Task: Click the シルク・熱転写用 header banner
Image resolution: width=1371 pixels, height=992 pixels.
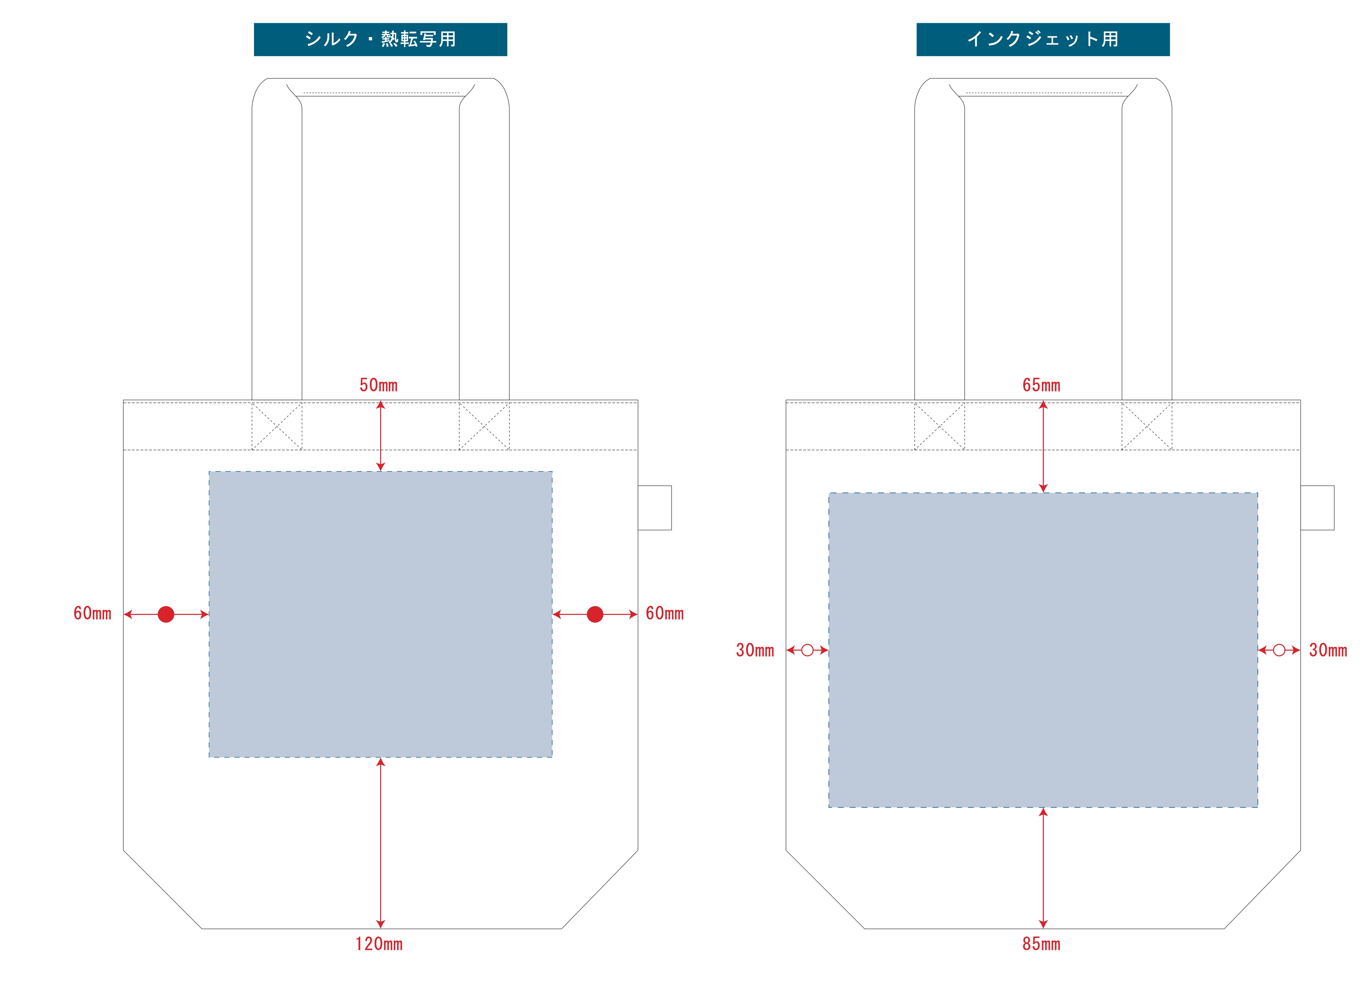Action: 380,39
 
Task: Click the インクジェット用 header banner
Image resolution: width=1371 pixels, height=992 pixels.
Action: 1043,39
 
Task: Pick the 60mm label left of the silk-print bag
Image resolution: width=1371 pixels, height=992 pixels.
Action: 92,614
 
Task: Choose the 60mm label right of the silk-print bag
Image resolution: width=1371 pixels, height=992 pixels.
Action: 664,614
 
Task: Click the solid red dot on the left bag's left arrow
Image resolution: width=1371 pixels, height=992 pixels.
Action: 166,614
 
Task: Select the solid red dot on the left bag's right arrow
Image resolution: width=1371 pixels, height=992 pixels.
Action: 595,614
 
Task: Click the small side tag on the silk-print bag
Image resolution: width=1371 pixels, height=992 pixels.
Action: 655,508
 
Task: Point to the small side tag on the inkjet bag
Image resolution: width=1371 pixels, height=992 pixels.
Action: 1317,508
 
